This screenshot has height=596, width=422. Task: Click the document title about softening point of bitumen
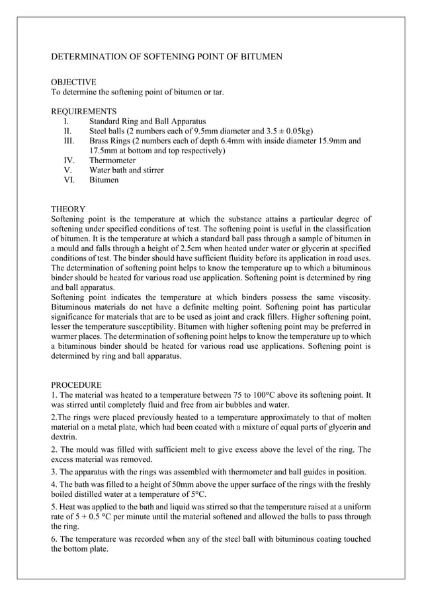click(x=167, y=57)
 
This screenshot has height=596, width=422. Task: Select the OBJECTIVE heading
click(x=73, y=82)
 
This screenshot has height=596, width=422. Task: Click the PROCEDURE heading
click(x=76, y=385)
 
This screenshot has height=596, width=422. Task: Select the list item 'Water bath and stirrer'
click(x=126, y=170)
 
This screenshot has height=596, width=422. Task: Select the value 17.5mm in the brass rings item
click(x=105, y=151)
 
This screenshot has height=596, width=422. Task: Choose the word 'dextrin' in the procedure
click(x=64, y=437)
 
